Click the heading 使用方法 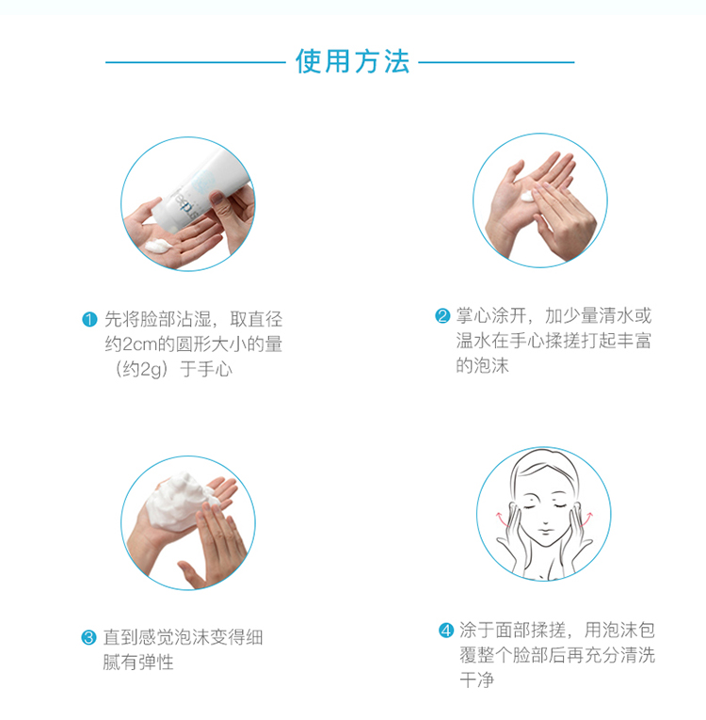352,61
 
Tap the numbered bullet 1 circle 89,319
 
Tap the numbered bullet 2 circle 442,315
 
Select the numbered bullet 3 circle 88,637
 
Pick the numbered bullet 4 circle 446,630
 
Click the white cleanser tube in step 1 197,188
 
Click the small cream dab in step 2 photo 527,197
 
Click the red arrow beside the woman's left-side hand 502,519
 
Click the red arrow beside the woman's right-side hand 586,519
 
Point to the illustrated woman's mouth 545,532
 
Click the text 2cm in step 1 140,344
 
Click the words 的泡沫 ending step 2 482,366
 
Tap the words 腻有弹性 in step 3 138,663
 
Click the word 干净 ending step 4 477,680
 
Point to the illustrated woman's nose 545,518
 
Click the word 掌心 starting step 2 473,316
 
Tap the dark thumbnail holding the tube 217,199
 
